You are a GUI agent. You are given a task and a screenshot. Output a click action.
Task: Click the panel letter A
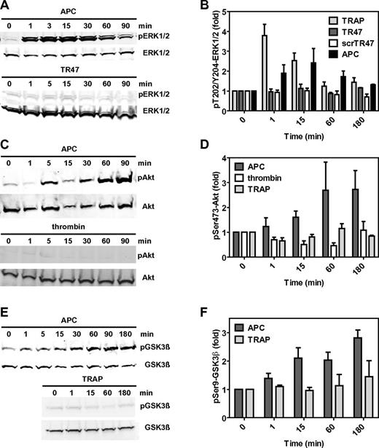[5, 6]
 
